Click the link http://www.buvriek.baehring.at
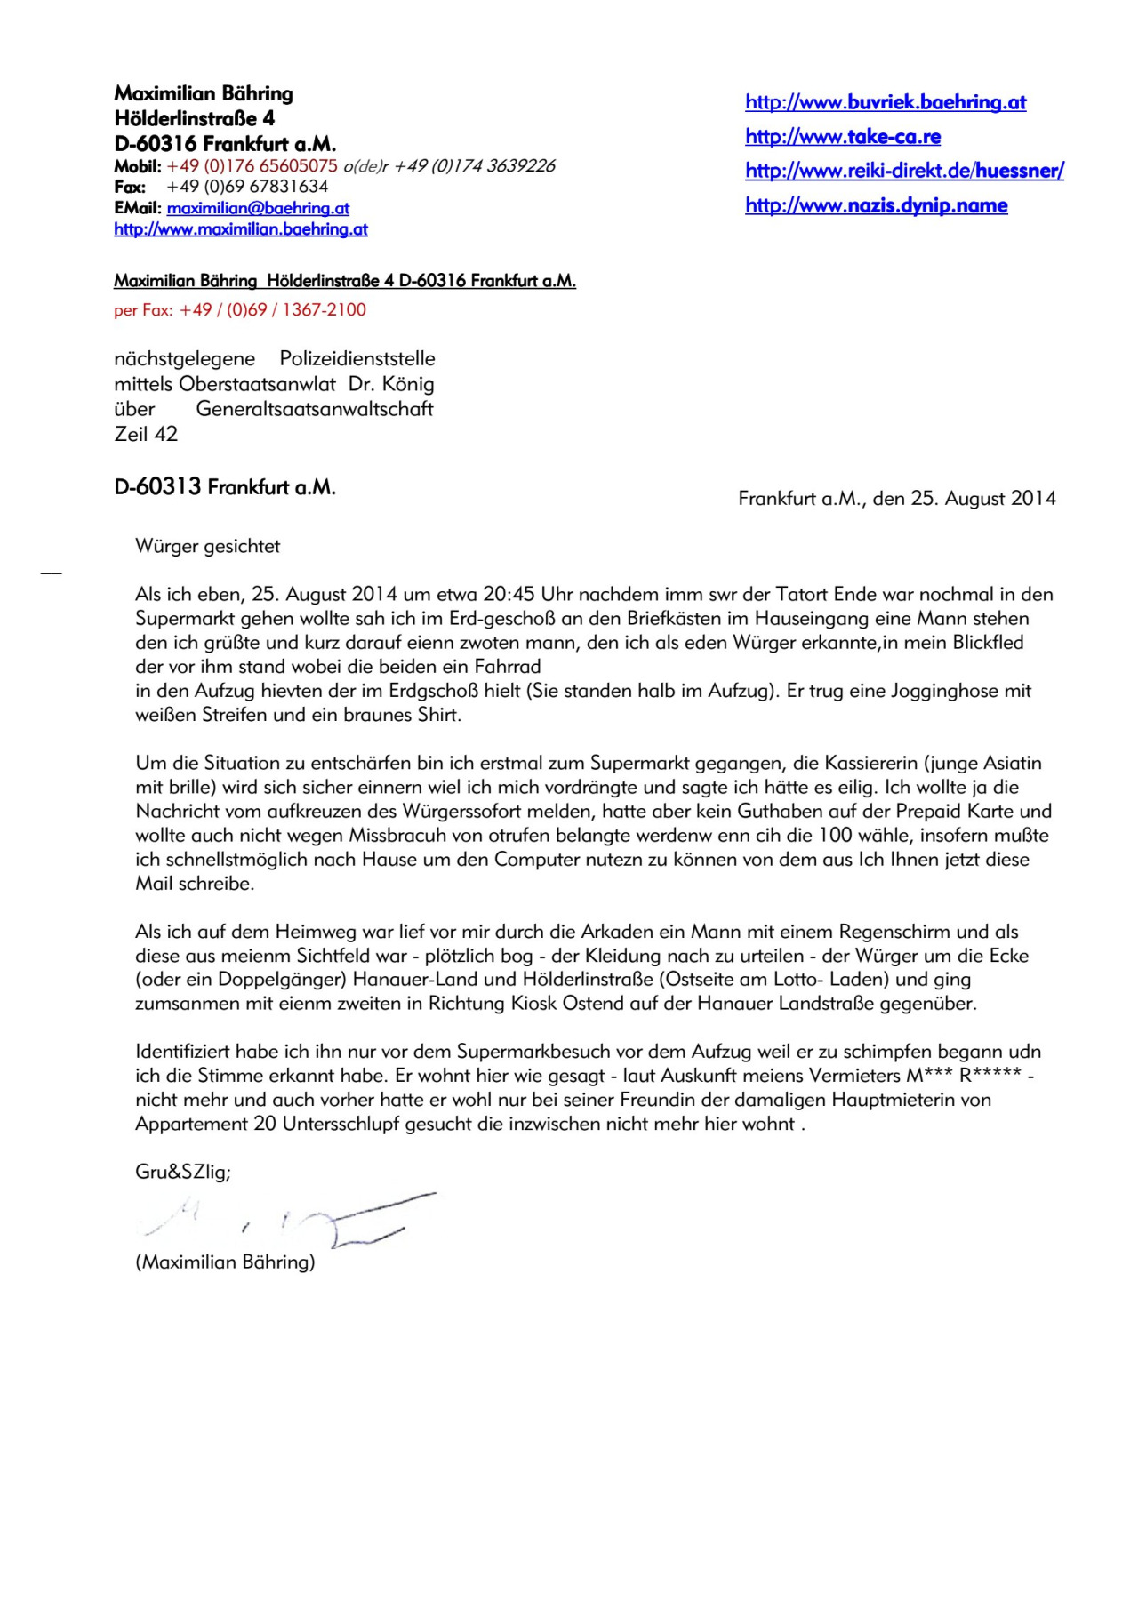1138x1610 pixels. pyautogui.click(x=886, y=102)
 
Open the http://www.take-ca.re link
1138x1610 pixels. pyautogui.click(x=843, y=137)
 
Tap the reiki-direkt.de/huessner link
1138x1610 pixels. pyautogui.click(x=904, y=171)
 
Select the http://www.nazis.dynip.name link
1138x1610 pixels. pyautogui.click(x=876, y=205)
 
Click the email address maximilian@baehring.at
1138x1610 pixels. pyautogui.click(x=258, y=208)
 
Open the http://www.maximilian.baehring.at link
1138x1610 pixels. pyautogui.click(x=241, y=229)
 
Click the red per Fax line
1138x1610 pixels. pyautogui.click(x=240, y=310)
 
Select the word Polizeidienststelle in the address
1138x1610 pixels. pyautogui.click(x=357, y=359)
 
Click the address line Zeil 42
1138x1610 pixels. pyautogui.click(x=146, y=434)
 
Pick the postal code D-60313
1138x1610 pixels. pyautogui.click(x=157, y=487)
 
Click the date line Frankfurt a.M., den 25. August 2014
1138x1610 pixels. pyautogui.click(x=897, y=499)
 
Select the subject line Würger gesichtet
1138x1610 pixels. pyautogui.click(x=207, y=547)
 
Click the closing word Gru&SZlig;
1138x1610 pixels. pyautogui.click(x=182, y=1172)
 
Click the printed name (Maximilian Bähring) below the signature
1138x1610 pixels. pyautogui.click(x=225, y=1262)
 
